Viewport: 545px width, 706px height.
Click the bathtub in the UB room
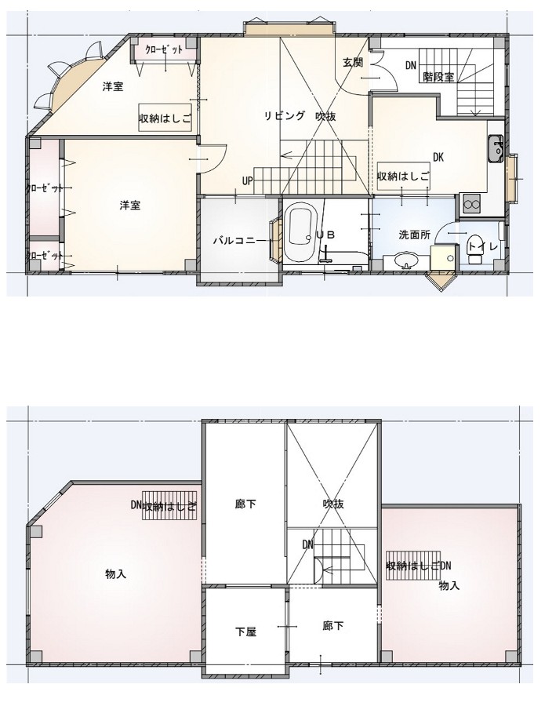pos(300,231)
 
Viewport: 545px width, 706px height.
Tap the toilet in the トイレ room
pos(474,249)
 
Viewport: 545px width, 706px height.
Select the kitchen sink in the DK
pos(495,148)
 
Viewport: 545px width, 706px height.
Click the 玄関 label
pos(353,63)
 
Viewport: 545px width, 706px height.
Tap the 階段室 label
pos(439,77)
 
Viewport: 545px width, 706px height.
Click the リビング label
pos(284,116)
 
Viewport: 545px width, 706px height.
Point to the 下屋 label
pos(245,631)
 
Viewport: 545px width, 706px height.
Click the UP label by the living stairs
pos(248,181)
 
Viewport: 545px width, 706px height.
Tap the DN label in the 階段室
pos(410,66)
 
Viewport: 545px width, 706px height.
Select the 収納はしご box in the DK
pos(403,176)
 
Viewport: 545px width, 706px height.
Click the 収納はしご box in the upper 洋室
pos(165,118)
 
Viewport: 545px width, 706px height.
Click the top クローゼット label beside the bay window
pos(164,49)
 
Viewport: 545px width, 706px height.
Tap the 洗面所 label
pos(415,235)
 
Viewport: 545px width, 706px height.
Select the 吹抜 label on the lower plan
pos(333,504)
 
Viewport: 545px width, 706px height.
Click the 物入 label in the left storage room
pos(115,574)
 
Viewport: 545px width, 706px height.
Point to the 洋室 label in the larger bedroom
pos(129,206)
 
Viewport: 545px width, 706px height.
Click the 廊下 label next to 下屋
pos(333,626)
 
